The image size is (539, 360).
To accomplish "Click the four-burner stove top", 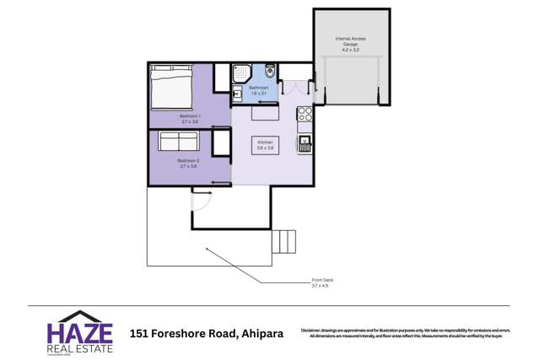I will pos(305,112).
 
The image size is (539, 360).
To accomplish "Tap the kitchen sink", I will pos(305,142).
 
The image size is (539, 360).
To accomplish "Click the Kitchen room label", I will pos(265,143).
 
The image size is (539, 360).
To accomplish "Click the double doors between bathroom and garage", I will pos(296,87).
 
